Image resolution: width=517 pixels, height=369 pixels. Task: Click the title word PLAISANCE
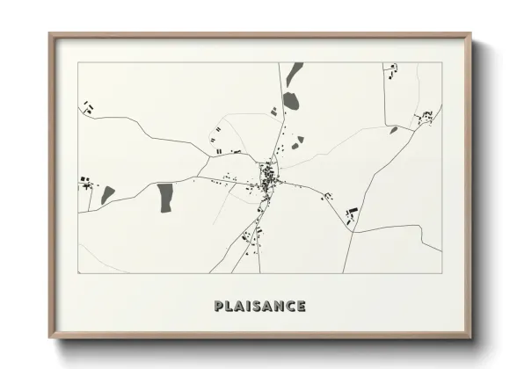pyautogui.click(x=259, y=306)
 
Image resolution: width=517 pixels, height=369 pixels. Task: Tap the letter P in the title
pyautogui.click(x=218, y=306)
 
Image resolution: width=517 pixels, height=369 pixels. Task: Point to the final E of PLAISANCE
pyautogui.click(x=302, y=306)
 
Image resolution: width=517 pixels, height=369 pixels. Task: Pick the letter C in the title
pyautogui.click(x=291, y=306)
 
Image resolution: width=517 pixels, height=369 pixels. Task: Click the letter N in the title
pyautogui.click(x=280, y=306)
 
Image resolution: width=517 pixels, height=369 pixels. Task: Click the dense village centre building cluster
pyautogui.click(x=266, y=181)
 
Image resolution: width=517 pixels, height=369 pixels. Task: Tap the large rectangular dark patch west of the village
pyautogui.click(x=164, y=197)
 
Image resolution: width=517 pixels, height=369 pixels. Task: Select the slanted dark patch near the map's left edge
pyautogui.click(x=107, y=194)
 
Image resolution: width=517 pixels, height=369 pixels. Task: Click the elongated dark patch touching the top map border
pyautogui.click(x=294, y=73)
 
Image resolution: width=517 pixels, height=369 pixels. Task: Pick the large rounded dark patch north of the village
pyautogui.click(x=290, y=101)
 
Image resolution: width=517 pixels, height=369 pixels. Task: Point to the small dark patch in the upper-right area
pyautogui.click(x=394, y=130)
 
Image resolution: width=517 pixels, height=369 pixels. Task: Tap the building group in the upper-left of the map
pyautogui.click(x=88, y=107)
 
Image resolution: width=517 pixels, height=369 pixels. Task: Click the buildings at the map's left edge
pyautogui.click(x=85, y=183)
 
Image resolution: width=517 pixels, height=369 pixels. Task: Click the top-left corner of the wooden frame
pyautogui.click(x=50, y=34)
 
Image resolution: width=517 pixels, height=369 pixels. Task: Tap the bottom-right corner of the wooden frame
pyautogui.click(x=471, y=340)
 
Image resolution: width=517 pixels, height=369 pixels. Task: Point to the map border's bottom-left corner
pyautogui.click(x=78, y=272)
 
